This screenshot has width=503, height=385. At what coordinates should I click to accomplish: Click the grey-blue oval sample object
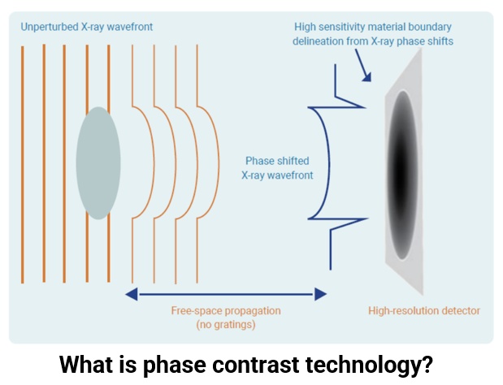[x=98, y=162]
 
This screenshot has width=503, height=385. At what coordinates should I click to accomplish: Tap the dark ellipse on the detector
[x=402, y=175]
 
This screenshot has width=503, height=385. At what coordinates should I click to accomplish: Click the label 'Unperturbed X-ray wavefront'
[x=87, y=27]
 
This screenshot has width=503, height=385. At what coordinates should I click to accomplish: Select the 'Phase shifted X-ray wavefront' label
[x=277, y=167]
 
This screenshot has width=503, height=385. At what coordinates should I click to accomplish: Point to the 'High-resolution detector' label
[x=424, y=310]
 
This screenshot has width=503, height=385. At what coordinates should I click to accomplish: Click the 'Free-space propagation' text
[x=226, y=310]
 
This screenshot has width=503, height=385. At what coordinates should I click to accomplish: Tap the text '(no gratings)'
[x=226, y=325]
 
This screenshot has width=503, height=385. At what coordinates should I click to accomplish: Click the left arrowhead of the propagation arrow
[x=132, y=294]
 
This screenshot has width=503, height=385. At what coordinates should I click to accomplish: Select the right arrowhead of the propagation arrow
[x=320, y=294]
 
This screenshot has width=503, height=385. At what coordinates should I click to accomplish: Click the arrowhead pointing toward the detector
[x=367, y=77]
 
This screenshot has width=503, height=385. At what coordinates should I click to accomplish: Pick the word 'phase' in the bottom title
[x=174, y=365]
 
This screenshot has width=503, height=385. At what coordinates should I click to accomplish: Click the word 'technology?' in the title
[x=369, y=365]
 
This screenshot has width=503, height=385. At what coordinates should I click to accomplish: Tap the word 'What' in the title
[x=82, y=364]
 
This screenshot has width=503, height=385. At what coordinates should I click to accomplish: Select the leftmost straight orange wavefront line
[x=23, y=164]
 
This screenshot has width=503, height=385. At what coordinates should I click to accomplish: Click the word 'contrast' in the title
[x=255, y=364]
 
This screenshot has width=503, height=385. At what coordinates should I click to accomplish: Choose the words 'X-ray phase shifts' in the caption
[x=412, y=41]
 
